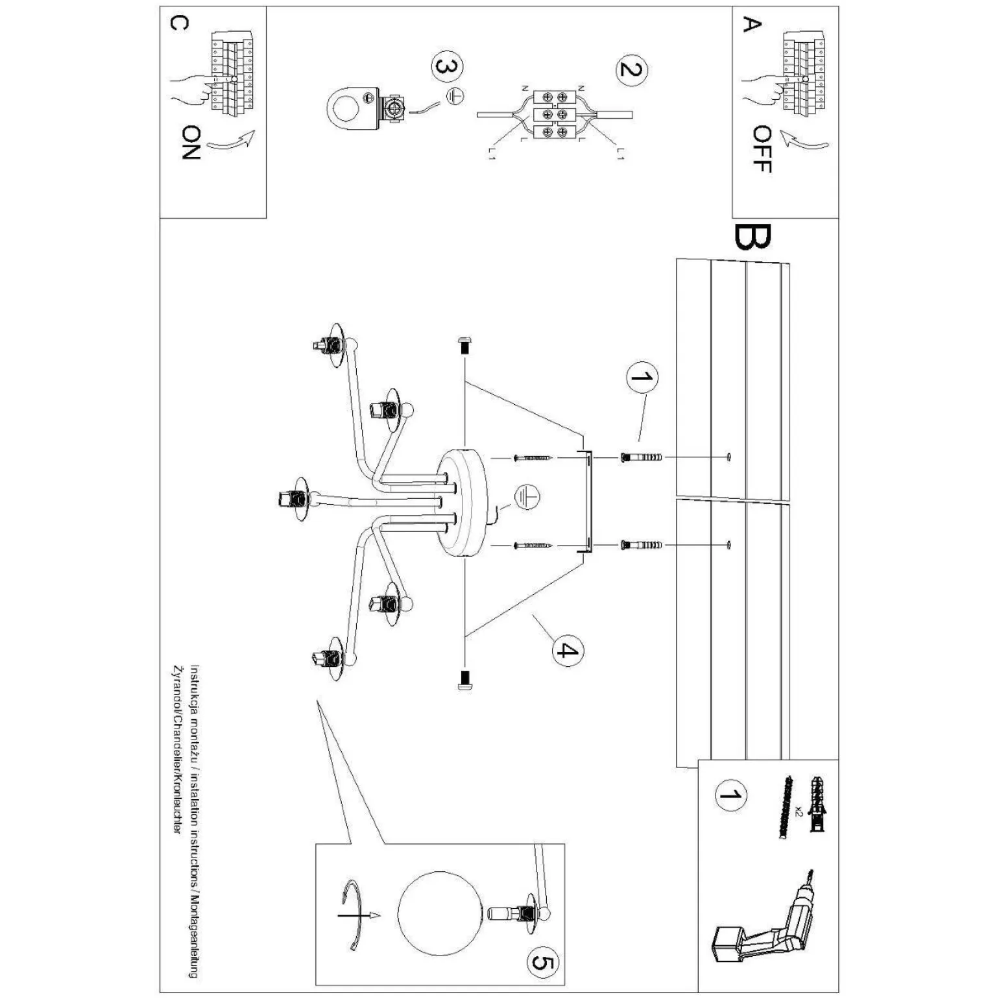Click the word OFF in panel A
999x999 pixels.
point(762,149)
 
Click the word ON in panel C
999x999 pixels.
point(191,143)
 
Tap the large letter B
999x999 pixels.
point(752,237)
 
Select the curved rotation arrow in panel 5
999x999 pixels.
point(357,915)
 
